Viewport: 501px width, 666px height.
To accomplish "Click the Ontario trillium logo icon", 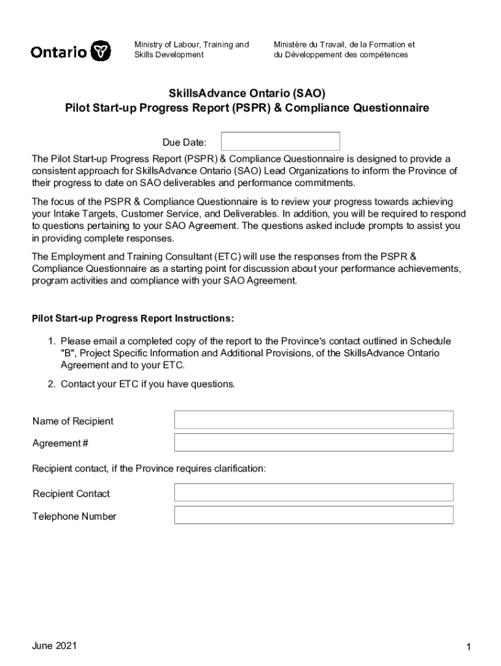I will tap(100, 51).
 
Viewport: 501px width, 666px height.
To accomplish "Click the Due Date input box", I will tap(280, 142).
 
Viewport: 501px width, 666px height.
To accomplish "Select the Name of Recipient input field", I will tap(314, 420).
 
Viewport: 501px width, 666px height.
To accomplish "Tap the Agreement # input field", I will tap(314, 443).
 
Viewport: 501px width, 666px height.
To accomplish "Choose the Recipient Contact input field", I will tap(314, 493).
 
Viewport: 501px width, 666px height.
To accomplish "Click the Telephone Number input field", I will tap(314, 516).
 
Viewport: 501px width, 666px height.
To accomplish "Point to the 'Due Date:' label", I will tap(184, 142).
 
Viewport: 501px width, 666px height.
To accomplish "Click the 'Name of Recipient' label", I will tap(73, 421).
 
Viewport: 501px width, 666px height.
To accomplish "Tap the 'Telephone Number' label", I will tap(74, 516).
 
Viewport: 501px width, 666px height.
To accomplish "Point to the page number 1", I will tap(468, 647).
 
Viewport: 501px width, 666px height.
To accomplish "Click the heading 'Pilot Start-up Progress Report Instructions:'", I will tap(133, 319).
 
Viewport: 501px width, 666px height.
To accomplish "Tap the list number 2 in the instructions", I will tap(51, 384).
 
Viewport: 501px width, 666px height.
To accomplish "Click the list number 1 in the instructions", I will tap(51, 341).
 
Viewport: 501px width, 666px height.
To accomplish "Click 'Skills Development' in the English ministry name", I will tap(169, 55).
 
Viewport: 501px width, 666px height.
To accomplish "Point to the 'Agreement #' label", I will tap(61, 444).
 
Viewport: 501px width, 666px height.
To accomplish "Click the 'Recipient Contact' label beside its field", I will tap(71, 494).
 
